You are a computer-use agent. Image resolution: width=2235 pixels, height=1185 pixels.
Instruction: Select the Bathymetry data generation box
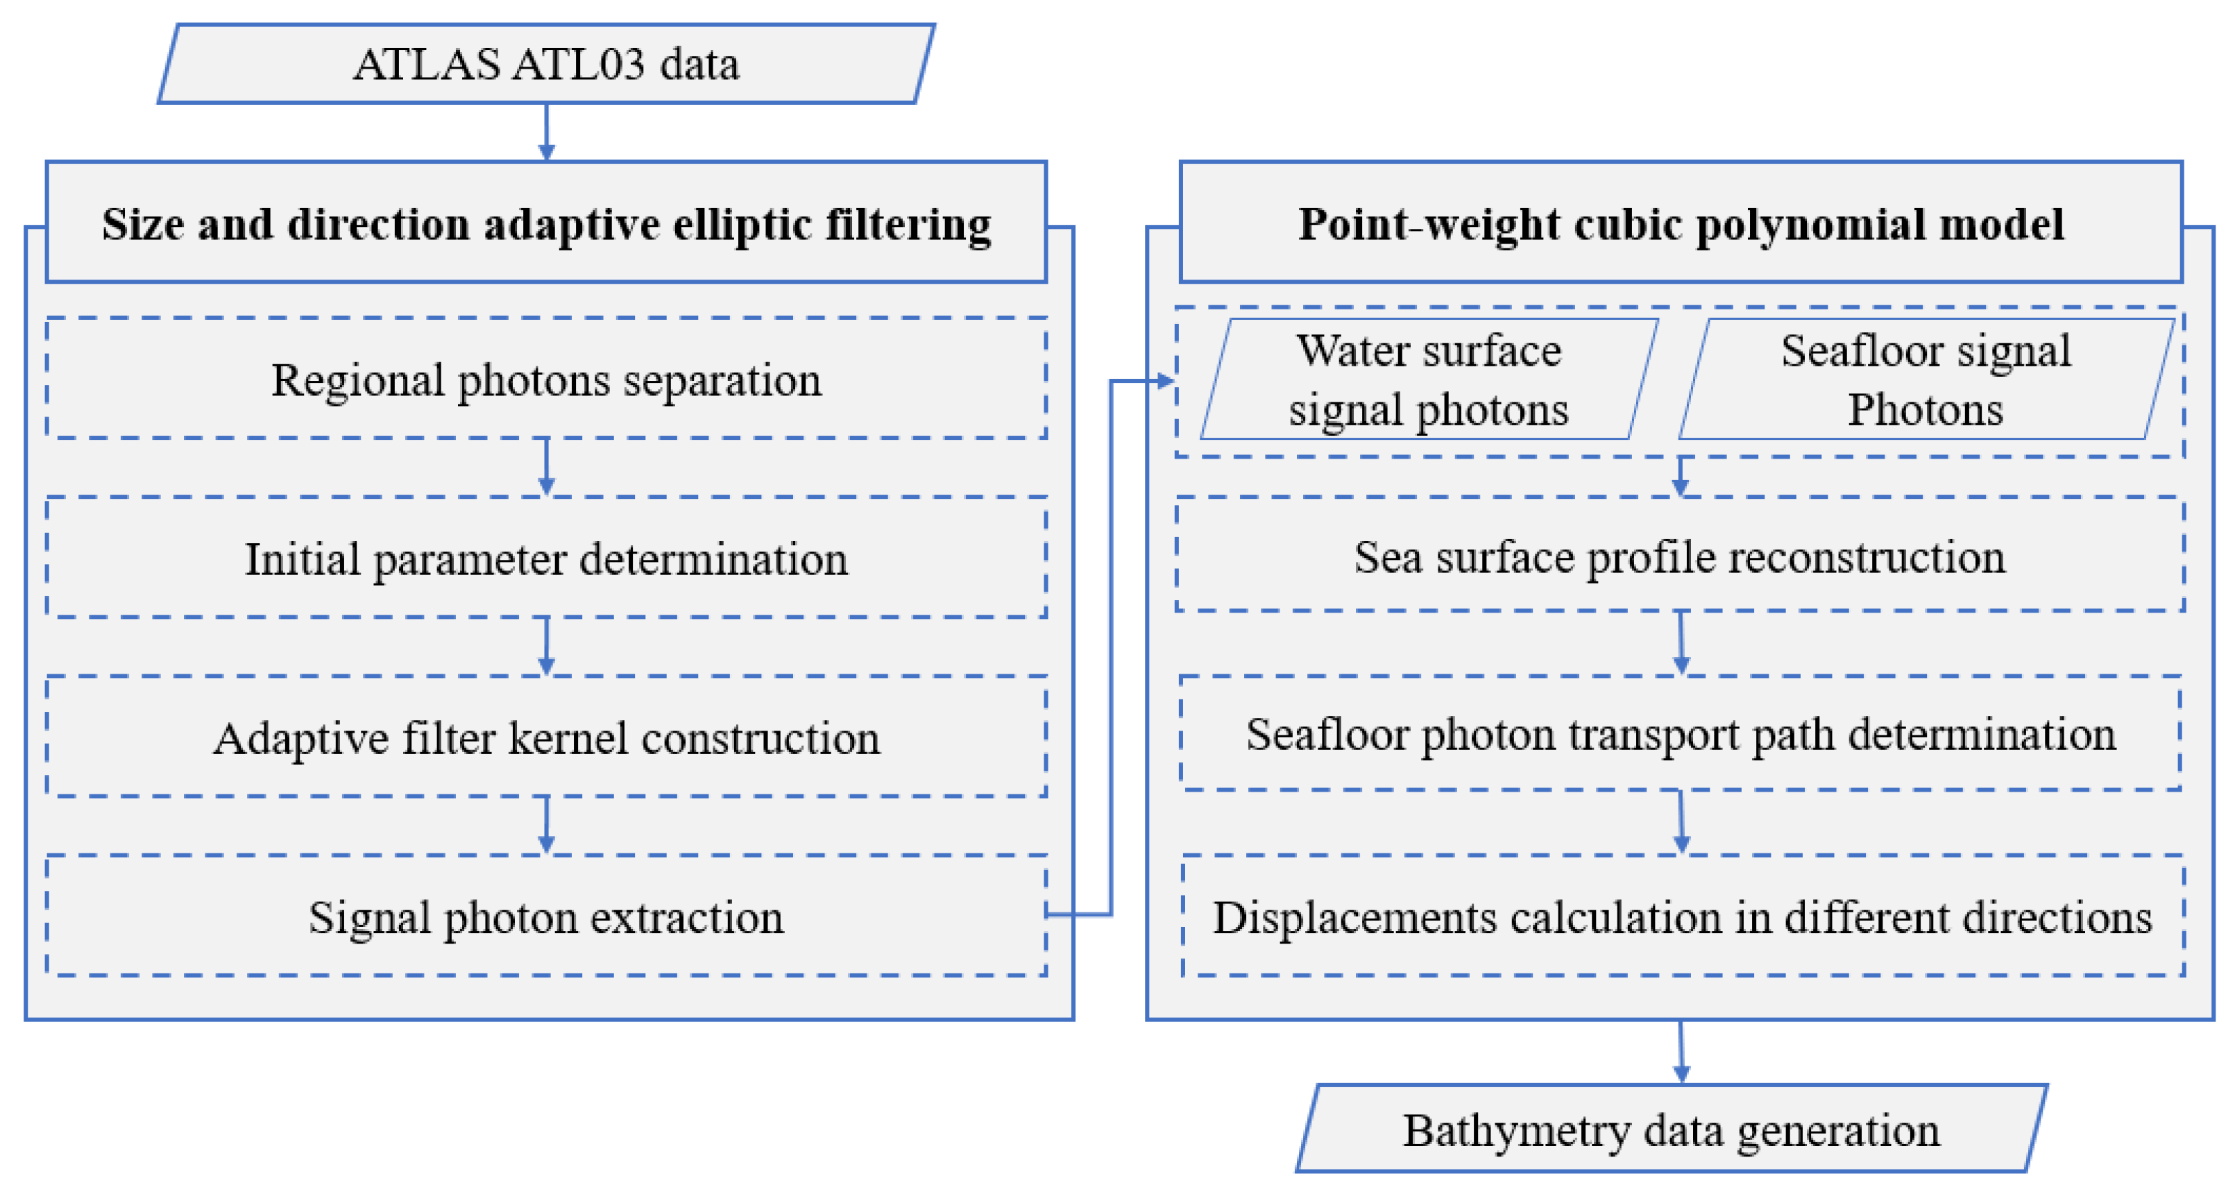[x=1671, y=1129]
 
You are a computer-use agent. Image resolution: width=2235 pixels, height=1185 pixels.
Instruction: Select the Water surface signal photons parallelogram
[x=1429, y=379]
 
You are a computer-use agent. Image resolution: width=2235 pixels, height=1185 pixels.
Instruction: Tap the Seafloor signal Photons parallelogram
[x=1926, y=379]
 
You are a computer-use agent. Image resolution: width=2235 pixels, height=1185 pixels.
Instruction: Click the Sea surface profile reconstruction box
[x=1680, y=556]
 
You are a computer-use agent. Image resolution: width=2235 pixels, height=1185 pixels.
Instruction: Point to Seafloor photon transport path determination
[x=1681, y=734]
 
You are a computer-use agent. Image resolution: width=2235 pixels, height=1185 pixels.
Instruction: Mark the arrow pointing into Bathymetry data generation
[x=1681, y=1053]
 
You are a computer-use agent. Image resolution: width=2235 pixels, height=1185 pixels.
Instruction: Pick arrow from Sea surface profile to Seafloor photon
[x=1681, y=644]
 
